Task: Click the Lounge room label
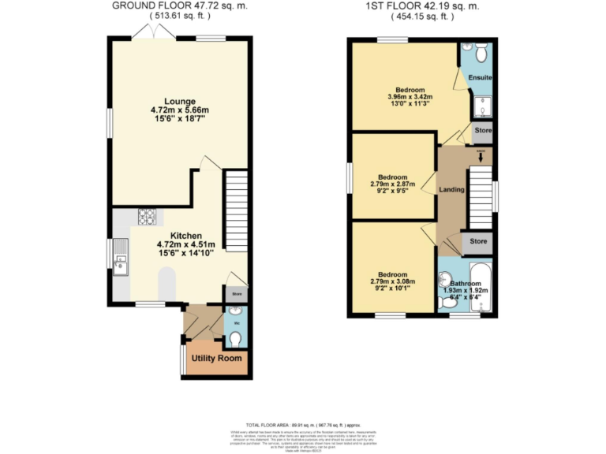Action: coord(179,100)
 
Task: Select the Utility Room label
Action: coord(214,359)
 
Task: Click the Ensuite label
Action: coord(480,77)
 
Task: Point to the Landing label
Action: coord(451,189)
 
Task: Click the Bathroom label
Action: coord(466,282)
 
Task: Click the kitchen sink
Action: coord(121,261)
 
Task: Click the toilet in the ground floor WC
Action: coord(235,339)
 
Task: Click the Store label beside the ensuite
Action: coord(482,131)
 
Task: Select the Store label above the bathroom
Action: coord(477,241)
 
